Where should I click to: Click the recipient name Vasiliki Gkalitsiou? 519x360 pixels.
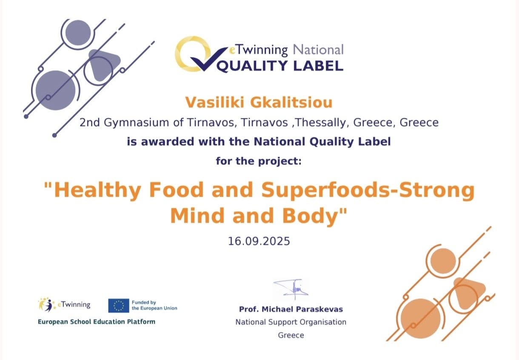(259, 102)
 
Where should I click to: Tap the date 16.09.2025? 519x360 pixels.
(259, 241)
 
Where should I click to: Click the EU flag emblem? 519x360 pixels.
(119, 306)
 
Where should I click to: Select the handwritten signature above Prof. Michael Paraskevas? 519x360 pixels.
(291, 289)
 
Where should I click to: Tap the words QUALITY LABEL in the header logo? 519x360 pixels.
(280, 66)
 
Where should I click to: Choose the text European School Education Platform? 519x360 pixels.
(97, 322)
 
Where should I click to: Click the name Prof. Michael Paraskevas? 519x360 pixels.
(291, 309)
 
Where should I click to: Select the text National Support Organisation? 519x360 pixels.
(291, 322)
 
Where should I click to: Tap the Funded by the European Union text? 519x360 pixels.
(154, 305)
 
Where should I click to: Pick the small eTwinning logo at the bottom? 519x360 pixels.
(64, 304)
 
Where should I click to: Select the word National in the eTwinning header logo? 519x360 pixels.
(318, 50)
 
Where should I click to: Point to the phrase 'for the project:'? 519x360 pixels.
(259, 161)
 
